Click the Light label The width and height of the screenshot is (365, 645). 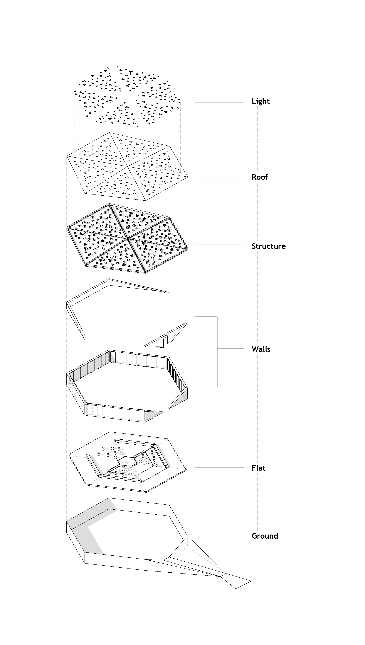point(261,101)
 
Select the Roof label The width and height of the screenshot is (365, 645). point(260,177)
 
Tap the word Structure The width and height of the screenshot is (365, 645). point(268,246)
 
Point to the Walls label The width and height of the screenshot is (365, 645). point(261,349)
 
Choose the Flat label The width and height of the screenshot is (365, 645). point(258,468)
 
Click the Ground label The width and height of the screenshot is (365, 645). point(265,536)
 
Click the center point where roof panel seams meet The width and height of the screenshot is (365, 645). point(127,166)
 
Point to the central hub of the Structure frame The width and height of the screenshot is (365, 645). point(127,237)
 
